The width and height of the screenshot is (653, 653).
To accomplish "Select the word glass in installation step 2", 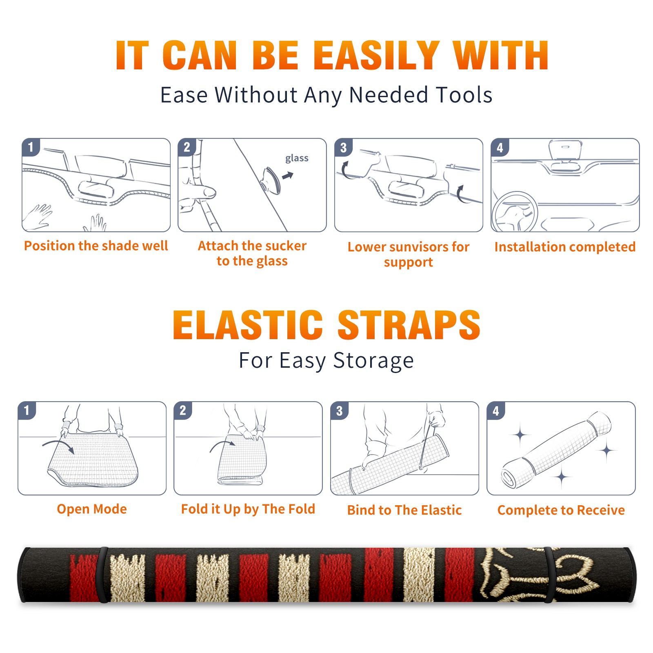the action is [297, 158].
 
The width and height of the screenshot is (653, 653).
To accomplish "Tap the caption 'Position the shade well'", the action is [96, 246].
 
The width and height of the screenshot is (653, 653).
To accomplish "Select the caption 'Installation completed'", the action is [565, 247].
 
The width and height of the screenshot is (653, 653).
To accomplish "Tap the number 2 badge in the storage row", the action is [183, 410].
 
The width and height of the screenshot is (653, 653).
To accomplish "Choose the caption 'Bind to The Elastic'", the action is [404, 510].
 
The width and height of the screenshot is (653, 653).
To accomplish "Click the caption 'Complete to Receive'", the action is [561, 510].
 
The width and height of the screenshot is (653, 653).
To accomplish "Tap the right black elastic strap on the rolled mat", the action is [549, 575].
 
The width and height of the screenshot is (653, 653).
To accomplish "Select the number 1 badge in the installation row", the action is [31, 147].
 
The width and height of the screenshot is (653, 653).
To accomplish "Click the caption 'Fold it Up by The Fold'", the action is [248, 509].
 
